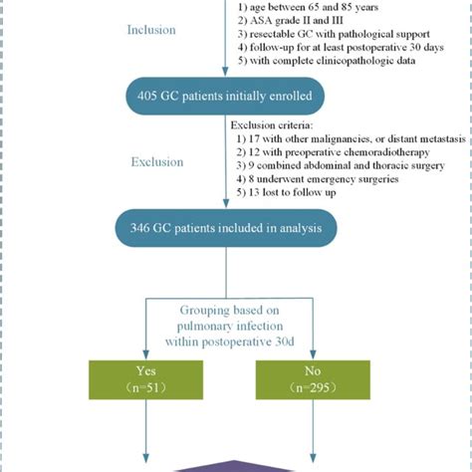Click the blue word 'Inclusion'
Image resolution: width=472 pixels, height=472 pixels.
tap(150, 30)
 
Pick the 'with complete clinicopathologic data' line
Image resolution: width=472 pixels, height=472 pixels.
tap(334, 63)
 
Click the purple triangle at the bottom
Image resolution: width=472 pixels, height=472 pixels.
tap(235, 465)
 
